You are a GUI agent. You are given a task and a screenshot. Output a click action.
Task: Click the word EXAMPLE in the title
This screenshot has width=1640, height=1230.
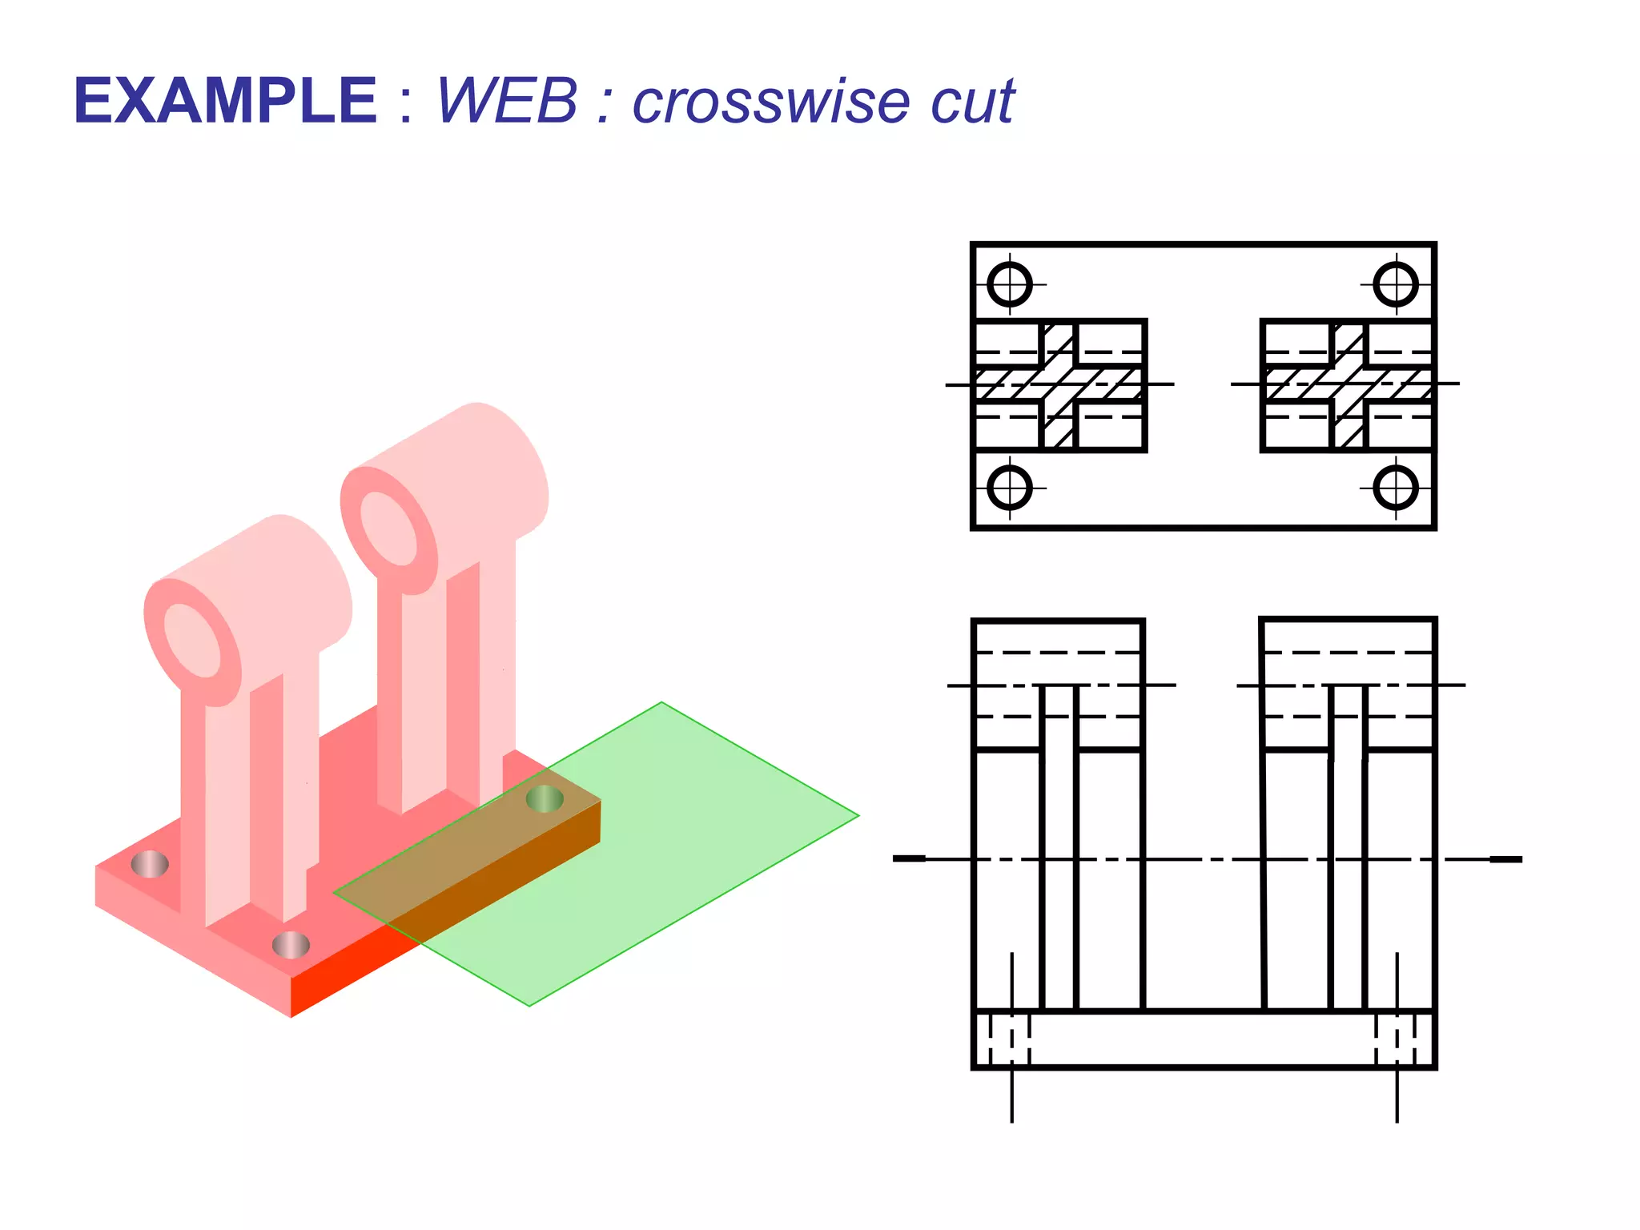pos(225,102)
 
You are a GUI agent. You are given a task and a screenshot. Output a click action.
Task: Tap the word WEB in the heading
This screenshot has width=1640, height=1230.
pos(506,102)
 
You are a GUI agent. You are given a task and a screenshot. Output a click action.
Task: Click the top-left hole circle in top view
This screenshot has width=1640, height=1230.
pos(1010,284)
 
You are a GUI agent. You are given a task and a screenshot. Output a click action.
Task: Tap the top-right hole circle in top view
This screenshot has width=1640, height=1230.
pos(1396,284)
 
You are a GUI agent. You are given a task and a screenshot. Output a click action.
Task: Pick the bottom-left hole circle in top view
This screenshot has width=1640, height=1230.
pos(1010,488)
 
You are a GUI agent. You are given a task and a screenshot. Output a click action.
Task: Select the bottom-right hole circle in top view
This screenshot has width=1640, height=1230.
pos(1396,488)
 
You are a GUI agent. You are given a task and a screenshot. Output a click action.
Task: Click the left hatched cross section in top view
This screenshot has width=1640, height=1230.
pos(1059,384)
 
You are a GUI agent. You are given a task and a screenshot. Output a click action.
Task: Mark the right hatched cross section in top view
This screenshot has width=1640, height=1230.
pos(1348,384)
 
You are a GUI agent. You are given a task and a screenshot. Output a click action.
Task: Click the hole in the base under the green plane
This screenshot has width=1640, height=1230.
pos(545,798)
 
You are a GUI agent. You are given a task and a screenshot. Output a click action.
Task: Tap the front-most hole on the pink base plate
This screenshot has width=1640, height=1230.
pos(291,946)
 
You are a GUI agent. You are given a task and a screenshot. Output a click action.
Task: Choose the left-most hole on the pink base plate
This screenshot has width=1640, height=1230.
pos(150,864)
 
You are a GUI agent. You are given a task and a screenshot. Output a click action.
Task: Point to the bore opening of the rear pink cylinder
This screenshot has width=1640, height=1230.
pos(388,529)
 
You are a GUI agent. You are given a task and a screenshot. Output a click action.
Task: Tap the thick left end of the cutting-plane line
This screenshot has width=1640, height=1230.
pos(910,859)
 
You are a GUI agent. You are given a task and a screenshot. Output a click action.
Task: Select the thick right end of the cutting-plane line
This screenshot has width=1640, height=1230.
pos(1505,859)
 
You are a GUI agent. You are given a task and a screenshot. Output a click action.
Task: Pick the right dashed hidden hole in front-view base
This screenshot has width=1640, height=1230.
pos(1397,1039)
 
